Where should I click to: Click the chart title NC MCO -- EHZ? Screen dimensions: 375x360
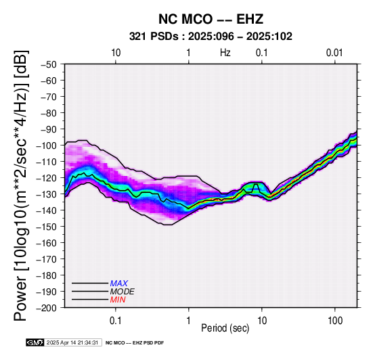coord(211,19)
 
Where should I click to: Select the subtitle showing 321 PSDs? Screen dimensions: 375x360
coord(211,37)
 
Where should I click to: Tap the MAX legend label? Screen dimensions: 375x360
coord(119,284)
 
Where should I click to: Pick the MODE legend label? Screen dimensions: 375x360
coord(123,292)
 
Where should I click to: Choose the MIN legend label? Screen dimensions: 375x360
coord(118,300)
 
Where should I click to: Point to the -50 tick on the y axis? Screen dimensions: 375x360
coord(48,64)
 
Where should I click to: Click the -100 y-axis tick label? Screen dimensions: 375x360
coord(46,145)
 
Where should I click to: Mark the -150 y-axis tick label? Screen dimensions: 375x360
coord(46,227)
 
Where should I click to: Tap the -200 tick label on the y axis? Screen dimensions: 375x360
coord(46,308)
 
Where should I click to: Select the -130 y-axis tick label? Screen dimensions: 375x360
coord(46,194)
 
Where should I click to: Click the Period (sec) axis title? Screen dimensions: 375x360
coord(225,328)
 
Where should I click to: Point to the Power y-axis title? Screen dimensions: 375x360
coord(20,185)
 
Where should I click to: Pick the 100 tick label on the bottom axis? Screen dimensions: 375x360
coord(335,321)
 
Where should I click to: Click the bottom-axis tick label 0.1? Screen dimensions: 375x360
coord(116,321)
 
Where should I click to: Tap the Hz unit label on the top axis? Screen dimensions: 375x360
coord(225,53)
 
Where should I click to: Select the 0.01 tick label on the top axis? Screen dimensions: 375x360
coord(334,53)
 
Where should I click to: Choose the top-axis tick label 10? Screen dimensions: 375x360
coord(116,53)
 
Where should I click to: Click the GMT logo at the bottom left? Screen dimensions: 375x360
coord(35,342)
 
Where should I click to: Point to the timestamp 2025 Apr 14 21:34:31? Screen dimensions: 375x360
coord(72,342)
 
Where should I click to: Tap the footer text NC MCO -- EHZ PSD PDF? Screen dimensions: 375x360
coord(135,343)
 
